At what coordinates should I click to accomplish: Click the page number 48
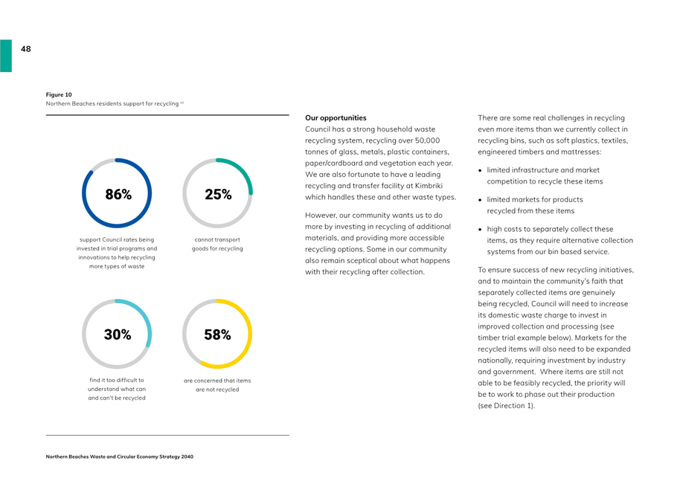click(x=26, y=49)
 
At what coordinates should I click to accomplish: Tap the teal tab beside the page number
click(x=6, y=56)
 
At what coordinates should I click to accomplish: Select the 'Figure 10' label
click(x=59, y=94)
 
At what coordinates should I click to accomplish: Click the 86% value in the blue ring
click(x=118, y=194)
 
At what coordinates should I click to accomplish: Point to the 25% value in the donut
click(x=218, y=194)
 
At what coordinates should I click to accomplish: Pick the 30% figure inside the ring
click(x=118, y=335)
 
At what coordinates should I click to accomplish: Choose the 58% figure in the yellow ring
click(x=218, y=335)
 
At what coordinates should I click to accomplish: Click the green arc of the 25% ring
click(x=242, y=171)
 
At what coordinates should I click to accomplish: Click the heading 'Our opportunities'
click(x=336, y=118)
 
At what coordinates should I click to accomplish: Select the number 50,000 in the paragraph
click(x=427, y=141)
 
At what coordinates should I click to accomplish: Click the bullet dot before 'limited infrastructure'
click(x=480, y=170)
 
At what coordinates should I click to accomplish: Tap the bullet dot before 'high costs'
click(x=480, y=229)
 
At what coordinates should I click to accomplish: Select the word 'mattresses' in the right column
click(x=582, y=152)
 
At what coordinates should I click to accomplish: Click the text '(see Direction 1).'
click(x=507, y=406)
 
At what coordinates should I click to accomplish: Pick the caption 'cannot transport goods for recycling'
click(x=217, y=244)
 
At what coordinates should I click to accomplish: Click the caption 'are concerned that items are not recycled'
click(x=217, y=385)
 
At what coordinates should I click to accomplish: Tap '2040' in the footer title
click(x=187, y=456)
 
